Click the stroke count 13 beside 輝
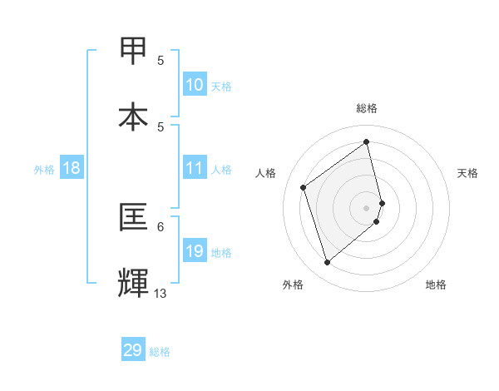click(161, 293)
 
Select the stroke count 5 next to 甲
click(161, 60)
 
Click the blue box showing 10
click(195, 85)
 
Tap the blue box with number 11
click(195, 168)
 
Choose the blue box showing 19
click(195, 251)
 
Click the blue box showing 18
click(72, 168)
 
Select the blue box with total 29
click(133, 350)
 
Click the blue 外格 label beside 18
click(44, 169)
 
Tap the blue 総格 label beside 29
click(160, 352)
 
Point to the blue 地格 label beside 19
click(221, 252)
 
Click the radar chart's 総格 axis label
click(367, 108)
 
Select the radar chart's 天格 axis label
click(467, 173)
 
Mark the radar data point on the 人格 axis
click(304, 187)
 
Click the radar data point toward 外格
click(327, 263)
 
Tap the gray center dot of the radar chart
click(367, 207)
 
